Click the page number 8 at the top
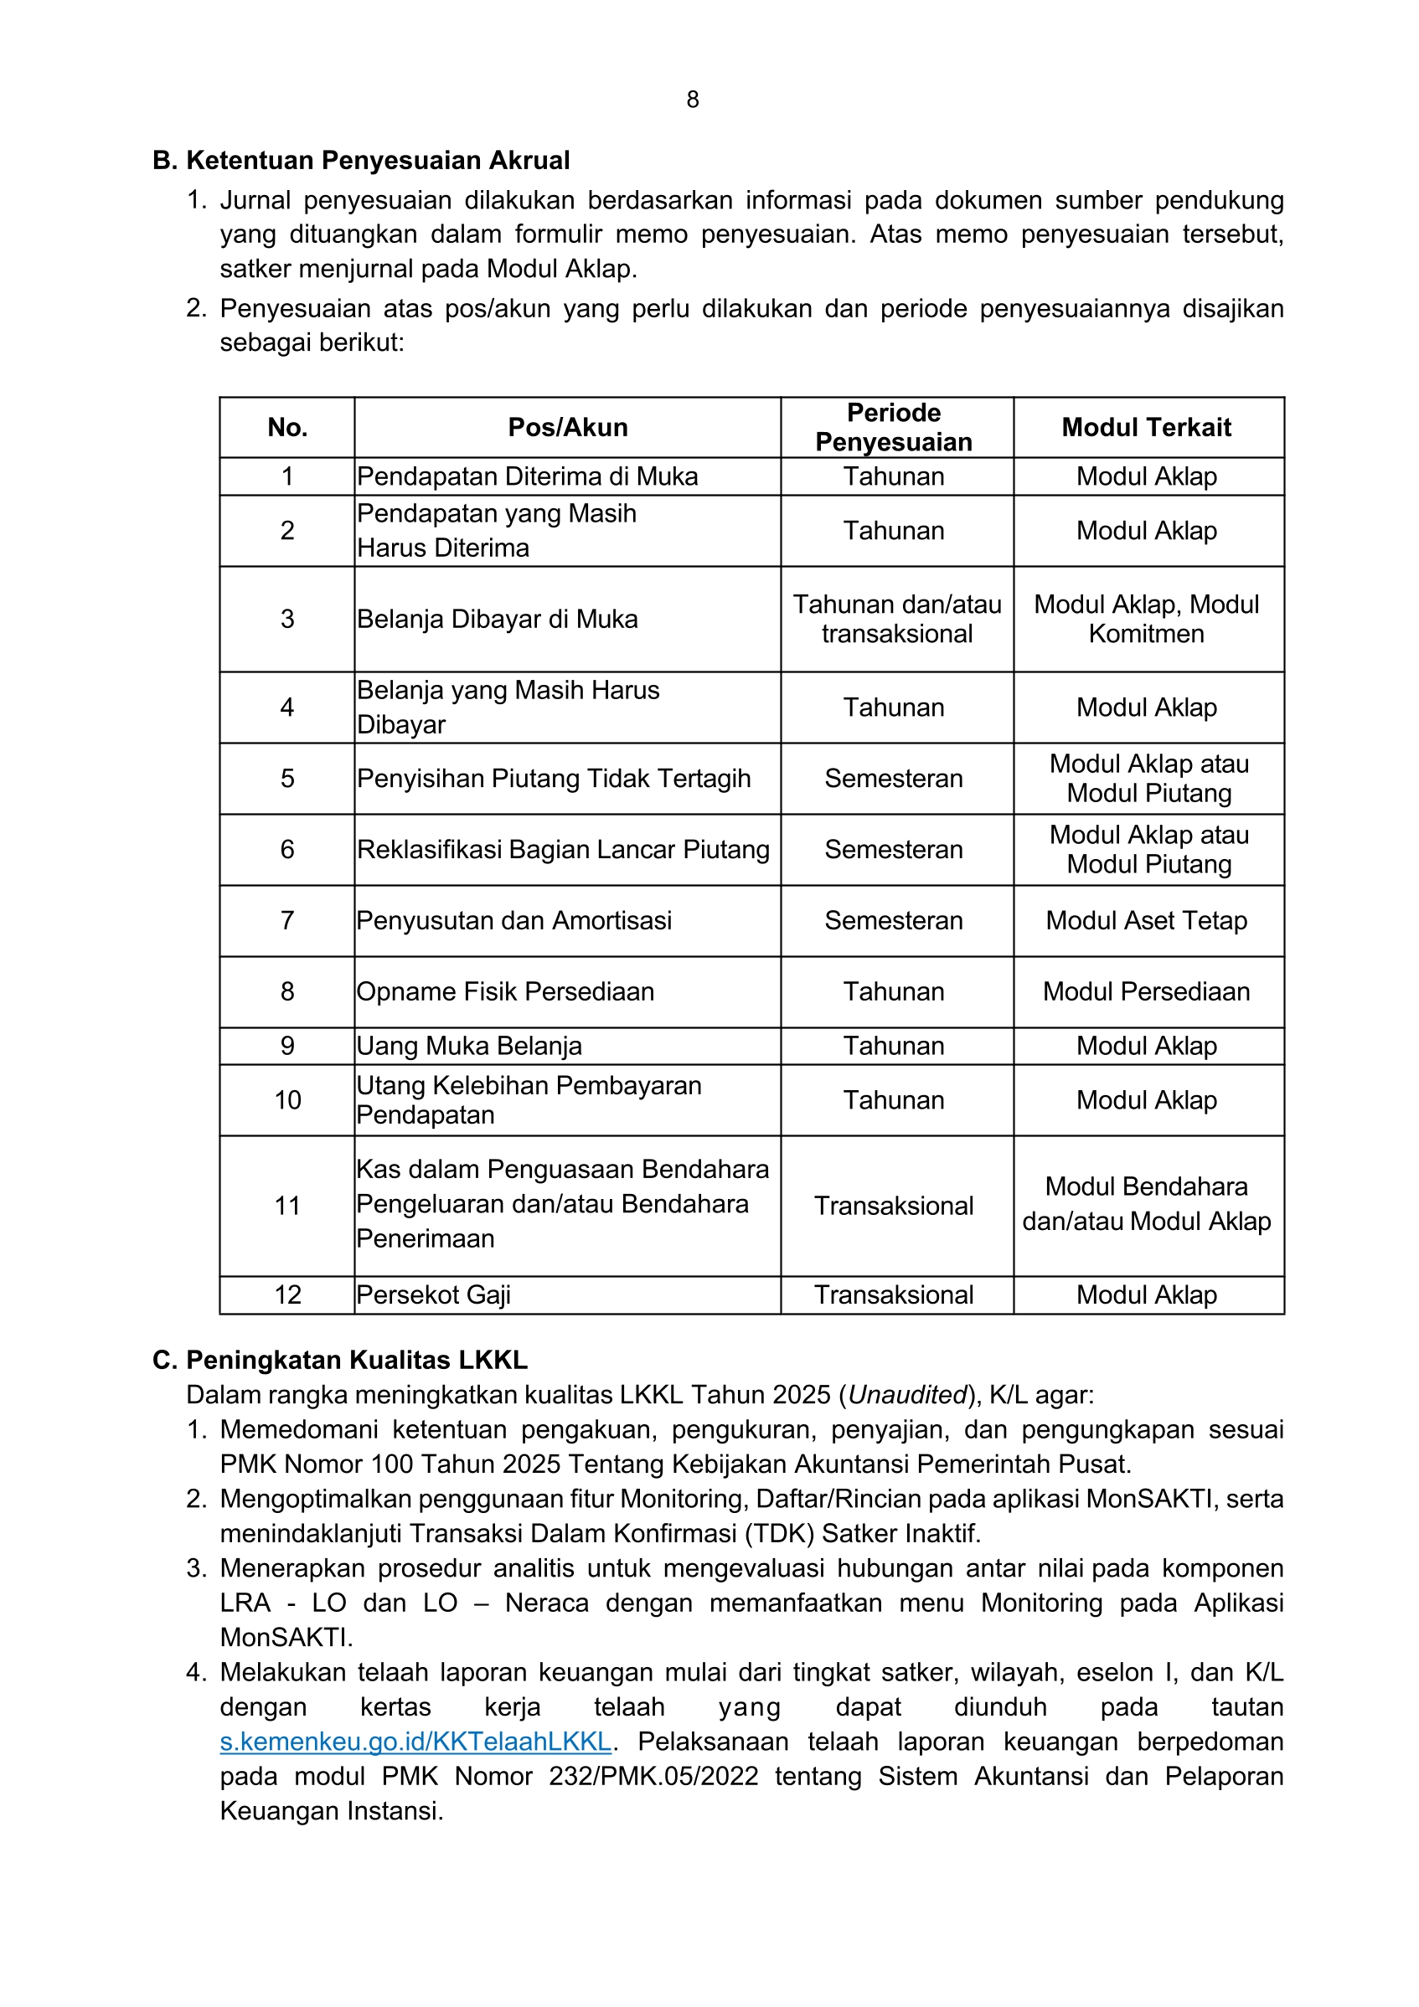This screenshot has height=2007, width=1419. click(693, 100)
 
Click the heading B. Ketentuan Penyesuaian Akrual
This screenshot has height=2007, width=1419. click(361, 161)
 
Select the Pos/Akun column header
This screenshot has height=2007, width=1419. click(567, 428)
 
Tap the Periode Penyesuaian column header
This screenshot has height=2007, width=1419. click(894, 428)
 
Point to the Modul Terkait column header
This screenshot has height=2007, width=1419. click(1146, 428)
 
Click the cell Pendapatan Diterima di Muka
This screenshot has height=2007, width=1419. click(527, 476)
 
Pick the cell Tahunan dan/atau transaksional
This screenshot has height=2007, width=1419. click(897, 619)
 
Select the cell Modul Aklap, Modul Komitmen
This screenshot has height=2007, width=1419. click(1146, 619)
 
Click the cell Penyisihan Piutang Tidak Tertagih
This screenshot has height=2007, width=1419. click(554, 779)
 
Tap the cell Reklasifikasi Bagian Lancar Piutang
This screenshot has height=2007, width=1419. click(563, 850)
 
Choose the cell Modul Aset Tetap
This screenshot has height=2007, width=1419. click(1146, 920)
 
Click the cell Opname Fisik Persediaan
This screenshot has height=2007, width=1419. click(505, 991)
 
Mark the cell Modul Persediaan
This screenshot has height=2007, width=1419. click(1146, 991)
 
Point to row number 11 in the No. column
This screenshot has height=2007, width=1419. click(287, 1206)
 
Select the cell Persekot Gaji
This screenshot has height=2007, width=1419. click(434, 1294)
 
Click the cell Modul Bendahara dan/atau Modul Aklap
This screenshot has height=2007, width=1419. click(1146, 1204)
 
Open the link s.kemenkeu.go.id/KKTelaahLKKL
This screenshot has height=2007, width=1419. click(415, 1742)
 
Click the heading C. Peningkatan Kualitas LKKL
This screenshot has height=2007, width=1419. click(340, 1360)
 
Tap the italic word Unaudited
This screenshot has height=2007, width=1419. click(907, 1394)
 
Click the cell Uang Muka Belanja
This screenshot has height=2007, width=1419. click(469, 1046)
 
